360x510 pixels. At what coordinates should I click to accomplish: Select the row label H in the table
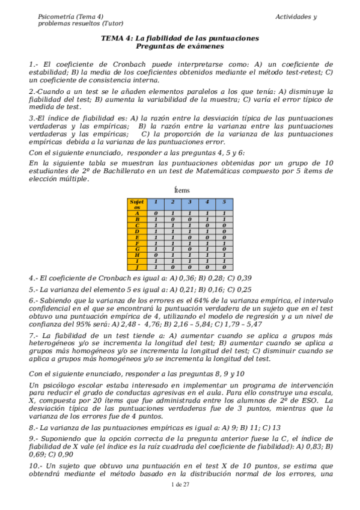pyautogui.click(x=136, y=255)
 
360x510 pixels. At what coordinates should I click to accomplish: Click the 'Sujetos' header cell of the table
pyautogui.click(x=136, y=204)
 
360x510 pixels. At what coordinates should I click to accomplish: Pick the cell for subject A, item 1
pyautogui.click(x=155, y=213)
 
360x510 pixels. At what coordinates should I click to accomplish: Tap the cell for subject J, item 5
pyautogui.click(x=224, y=267)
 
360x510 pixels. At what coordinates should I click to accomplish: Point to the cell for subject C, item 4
pyautogui.click(x=207, y=225)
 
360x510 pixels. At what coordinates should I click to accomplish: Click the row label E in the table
pyautogui.click(x=136, y=237)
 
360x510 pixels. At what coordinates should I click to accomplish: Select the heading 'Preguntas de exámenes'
pyautogui.click(x=180, y=46)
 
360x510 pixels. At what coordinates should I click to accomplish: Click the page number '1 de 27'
pyautogui.click(x=180, y=501)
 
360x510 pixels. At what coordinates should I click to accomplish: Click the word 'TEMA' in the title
pyautogui.click(x=111, y=38)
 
